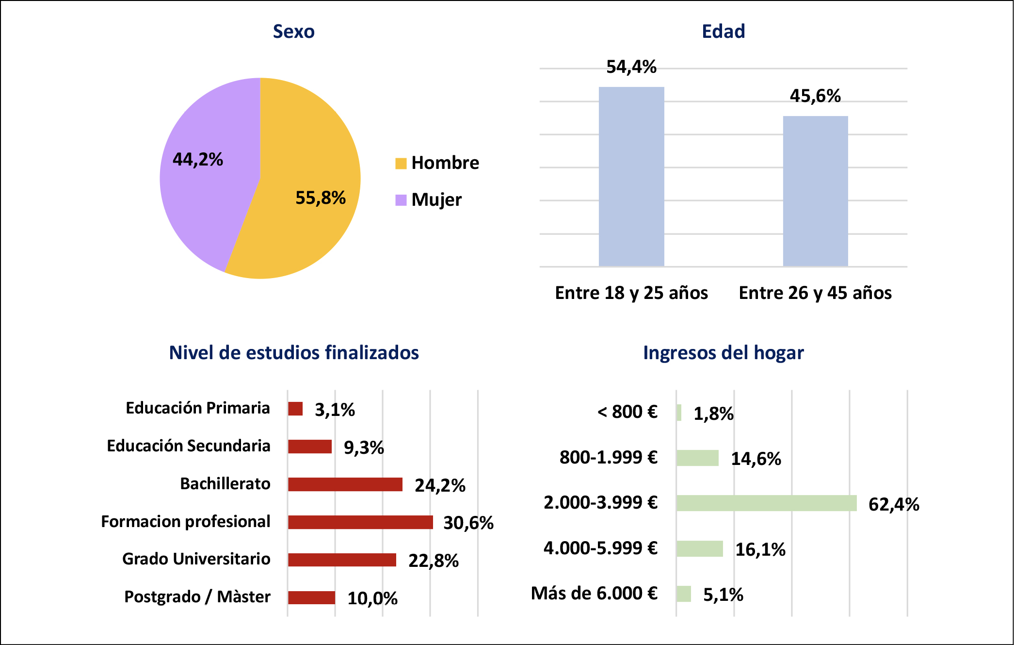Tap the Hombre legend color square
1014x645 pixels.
tap(401, 164)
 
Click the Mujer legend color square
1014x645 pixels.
tap(401, 200)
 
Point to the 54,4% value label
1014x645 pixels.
tap(631, 67)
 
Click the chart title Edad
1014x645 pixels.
tap(723, 32)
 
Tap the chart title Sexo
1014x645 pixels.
tap(293, 32)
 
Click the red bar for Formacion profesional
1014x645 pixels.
tap(360, 522)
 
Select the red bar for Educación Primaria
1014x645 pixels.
tap(295, 409)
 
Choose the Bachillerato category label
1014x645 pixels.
tap(225, 484)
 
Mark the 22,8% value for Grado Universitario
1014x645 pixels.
tap(434, 561)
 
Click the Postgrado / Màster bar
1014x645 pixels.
tap(311, 597)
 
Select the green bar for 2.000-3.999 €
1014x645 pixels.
tap(766, 503)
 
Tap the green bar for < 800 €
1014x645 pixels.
tap(679, 413)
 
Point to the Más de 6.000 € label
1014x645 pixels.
tap(594, 593)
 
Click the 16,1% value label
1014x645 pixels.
tap(760, 549)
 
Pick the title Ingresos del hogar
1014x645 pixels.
tap(723, 353)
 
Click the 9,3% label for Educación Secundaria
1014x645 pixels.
tap(364, 447)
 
